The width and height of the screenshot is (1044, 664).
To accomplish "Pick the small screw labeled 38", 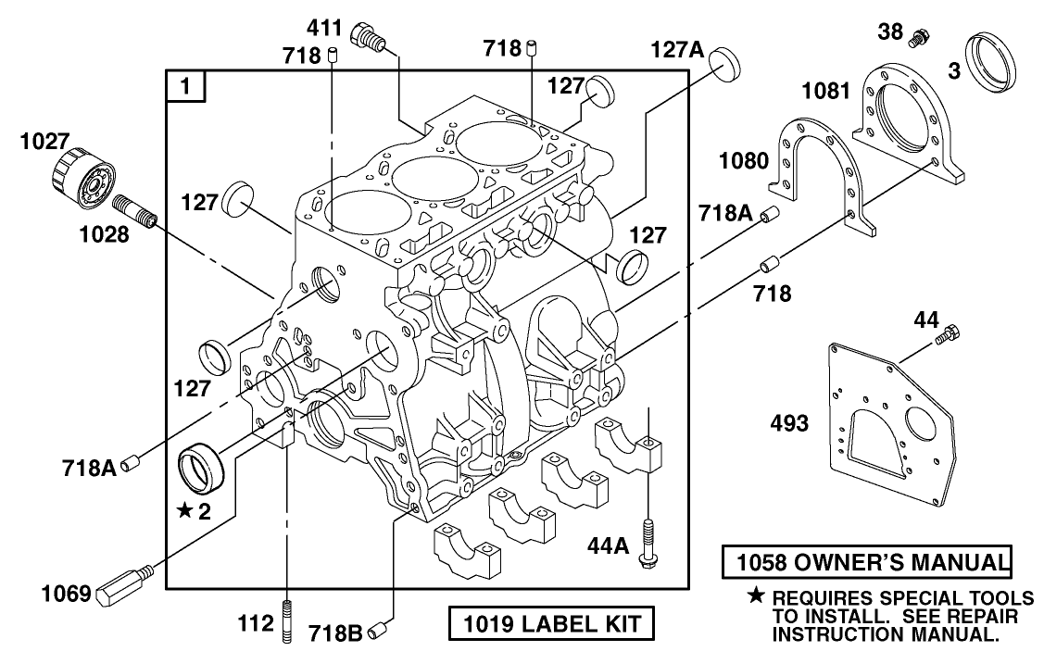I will (919, 40).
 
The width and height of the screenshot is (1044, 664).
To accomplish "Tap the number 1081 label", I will (825, 91).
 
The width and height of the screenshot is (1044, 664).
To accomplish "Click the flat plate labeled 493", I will (891, 417).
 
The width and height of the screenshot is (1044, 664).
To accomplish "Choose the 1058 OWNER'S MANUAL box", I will (867, 562).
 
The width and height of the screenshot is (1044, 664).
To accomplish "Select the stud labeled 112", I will (288, 621).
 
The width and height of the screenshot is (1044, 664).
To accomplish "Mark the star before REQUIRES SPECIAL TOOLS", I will (757, 597).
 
